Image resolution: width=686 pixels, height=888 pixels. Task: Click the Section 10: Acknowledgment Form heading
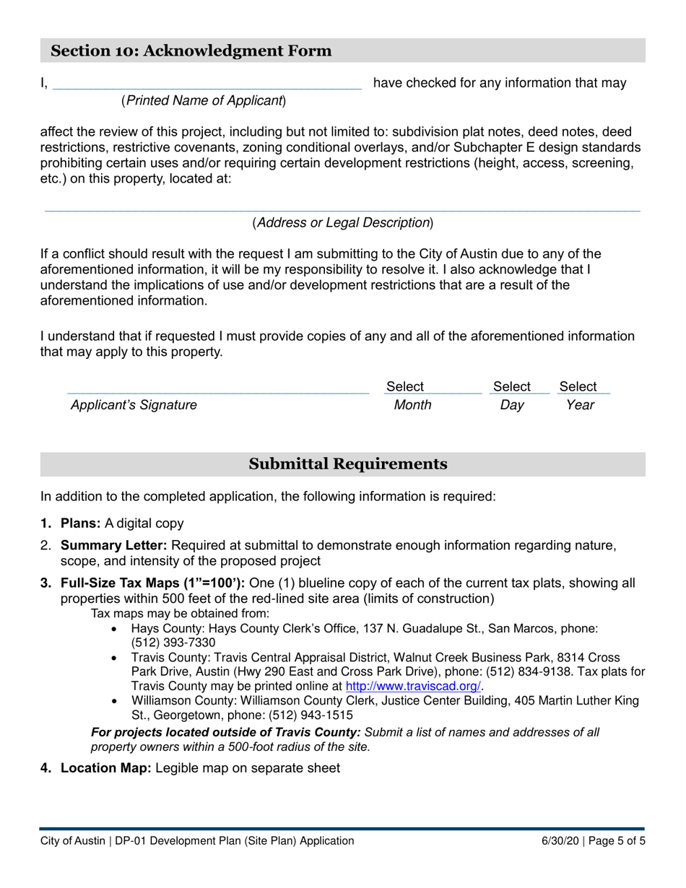[x=191, y=51]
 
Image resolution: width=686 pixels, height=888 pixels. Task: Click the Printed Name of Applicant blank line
[x=207, y=83]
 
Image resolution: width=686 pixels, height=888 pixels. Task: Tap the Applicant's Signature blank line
[x=217, y=388]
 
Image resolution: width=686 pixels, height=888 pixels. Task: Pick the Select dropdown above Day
[x=511, y=387]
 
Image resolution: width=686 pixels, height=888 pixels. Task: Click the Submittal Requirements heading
[x=347, y=464]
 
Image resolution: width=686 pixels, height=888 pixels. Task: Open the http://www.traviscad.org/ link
[x=413, y=687]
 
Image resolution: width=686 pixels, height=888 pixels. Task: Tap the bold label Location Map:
[x=105, y=768]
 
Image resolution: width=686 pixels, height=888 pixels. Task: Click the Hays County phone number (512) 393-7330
[x=173, y=643]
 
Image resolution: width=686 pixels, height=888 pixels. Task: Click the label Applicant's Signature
[x=134, y=405]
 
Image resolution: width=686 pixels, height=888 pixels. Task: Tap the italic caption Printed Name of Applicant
[x=204, y=101]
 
